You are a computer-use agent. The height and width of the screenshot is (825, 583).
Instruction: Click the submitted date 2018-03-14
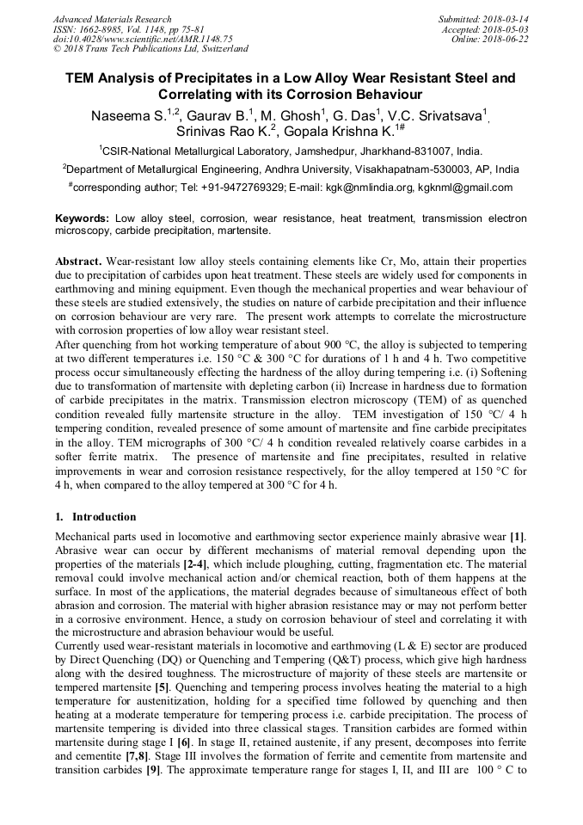click(506, 18)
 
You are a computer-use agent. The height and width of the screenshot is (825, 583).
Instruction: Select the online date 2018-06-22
click(506, 39)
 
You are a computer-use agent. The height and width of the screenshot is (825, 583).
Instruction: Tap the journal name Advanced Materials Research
click(112, 18)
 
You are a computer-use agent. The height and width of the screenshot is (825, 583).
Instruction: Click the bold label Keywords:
click(83, 219)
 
